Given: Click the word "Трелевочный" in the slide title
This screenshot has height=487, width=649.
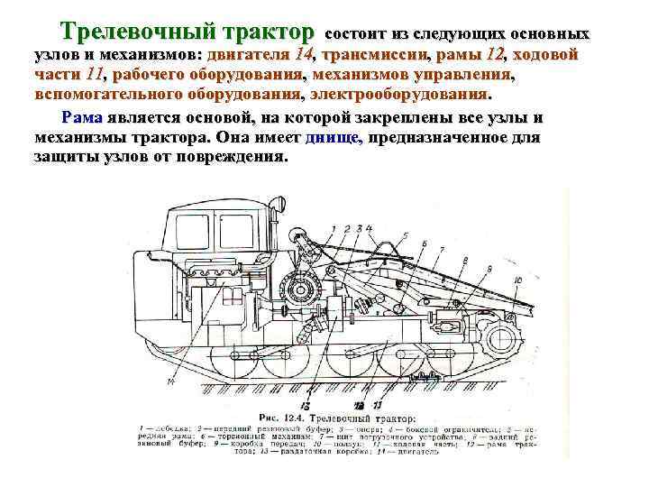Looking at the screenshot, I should point(125,32).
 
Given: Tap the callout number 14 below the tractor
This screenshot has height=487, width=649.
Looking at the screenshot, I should point(169,382).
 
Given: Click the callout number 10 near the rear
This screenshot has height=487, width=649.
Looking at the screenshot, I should point(516,280).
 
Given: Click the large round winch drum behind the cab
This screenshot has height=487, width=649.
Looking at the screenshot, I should point(297,289).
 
